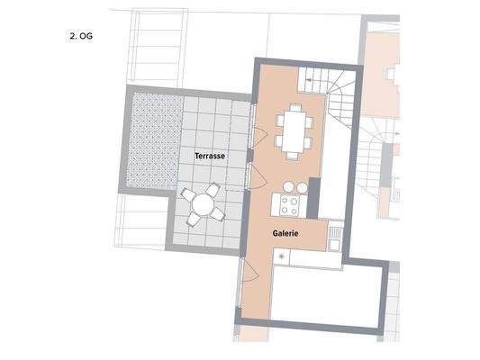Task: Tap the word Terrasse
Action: pos(209,156)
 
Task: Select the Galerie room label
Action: pos(285,233)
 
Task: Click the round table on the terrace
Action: pos(204,205)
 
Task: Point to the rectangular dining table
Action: pos(293,130)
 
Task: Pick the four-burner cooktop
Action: pos(290,205)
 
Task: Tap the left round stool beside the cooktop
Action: pos(286,186)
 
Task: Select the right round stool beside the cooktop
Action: pos(301,186)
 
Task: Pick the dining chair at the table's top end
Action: pos(293,106)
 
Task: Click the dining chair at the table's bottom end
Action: pos(293,155)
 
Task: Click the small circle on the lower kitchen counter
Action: pos(283,257)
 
